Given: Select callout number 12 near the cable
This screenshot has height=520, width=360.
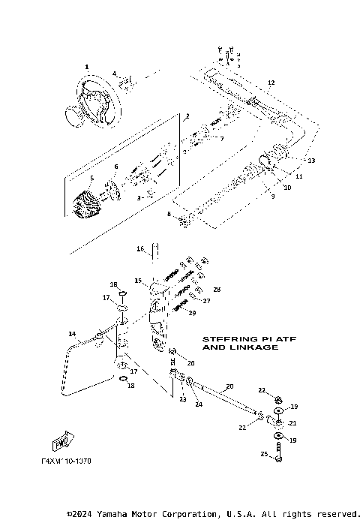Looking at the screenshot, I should pyautogui.click(x=271, y=82).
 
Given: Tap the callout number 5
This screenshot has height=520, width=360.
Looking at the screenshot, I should pyautogui.click(x=91, y=178).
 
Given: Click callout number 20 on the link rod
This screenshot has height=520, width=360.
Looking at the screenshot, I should pyautogui.click(x=229, y=386).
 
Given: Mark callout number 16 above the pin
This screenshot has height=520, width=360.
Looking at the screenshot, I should pyautogui.click(x=140, y=248).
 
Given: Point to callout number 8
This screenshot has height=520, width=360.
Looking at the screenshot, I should pyautogui.click(x=169, y=215).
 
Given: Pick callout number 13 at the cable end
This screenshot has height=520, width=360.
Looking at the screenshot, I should pyautogui.click(x=312, y=161).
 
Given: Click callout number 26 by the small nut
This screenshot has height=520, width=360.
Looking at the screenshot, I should pyautogui.click(x=190, y=362).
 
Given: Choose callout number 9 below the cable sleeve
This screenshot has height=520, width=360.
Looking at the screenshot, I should pyautogui.click(x=273, y=197).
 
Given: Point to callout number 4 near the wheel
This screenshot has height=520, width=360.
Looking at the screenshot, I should pyautogui.click(x=114, y=73).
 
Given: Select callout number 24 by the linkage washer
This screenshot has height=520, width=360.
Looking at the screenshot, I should pyautogui.click(x=198, y=404).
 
